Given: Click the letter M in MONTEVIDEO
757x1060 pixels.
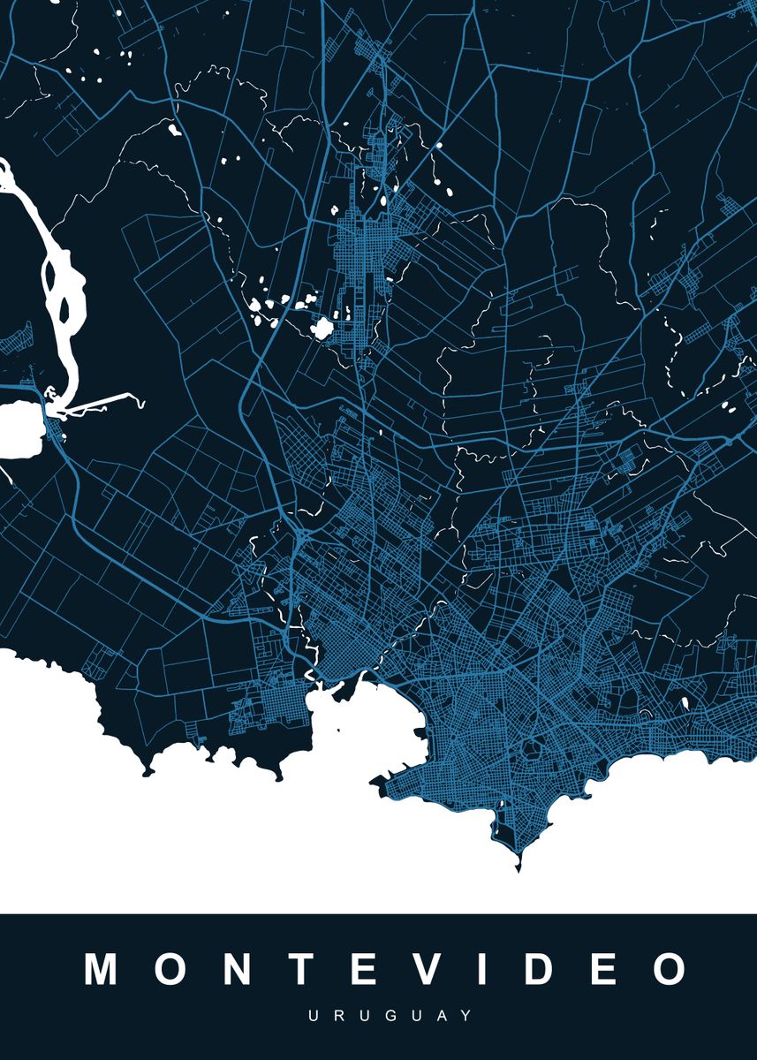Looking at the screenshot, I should point(103,969).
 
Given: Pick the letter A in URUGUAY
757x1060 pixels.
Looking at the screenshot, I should point(421,1017).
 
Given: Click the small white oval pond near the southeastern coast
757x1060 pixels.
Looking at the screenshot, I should point(685,704).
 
